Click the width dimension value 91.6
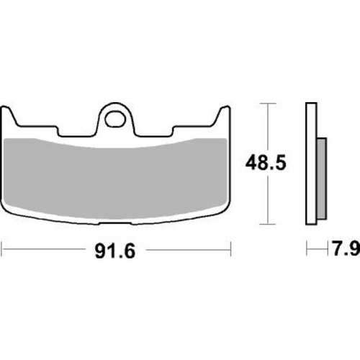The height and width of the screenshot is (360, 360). (115, 252)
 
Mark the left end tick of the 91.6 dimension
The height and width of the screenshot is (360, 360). (2, 251)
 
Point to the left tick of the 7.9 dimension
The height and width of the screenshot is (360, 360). (307, 251)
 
